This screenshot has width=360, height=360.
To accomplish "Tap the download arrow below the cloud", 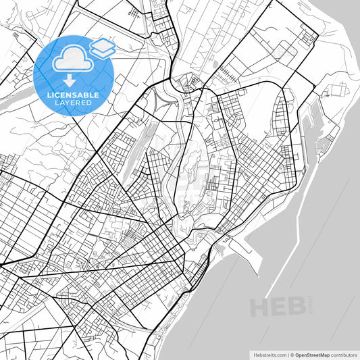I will coord(70,79).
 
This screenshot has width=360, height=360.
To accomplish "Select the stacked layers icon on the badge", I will coord(102,47).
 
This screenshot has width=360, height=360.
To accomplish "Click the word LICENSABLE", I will coord(73,95).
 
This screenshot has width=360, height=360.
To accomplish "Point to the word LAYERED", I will coord(73,103).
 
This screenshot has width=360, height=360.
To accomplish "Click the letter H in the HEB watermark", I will coord(260,307).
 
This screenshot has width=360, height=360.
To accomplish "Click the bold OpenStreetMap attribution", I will coord(311,354).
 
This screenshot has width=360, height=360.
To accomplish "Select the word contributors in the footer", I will coord(344,354).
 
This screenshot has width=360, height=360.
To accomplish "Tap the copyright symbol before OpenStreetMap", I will coord(292,354).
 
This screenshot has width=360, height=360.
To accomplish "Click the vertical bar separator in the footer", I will coord(287,354).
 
